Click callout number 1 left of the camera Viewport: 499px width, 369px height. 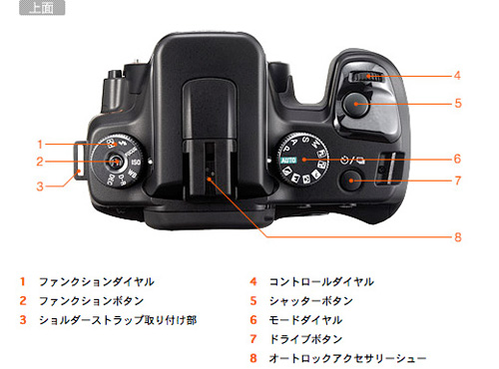[41, 144]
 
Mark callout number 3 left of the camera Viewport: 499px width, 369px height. [41, 184]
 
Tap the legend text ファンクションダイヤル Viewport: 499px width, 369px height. [96, 281]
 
